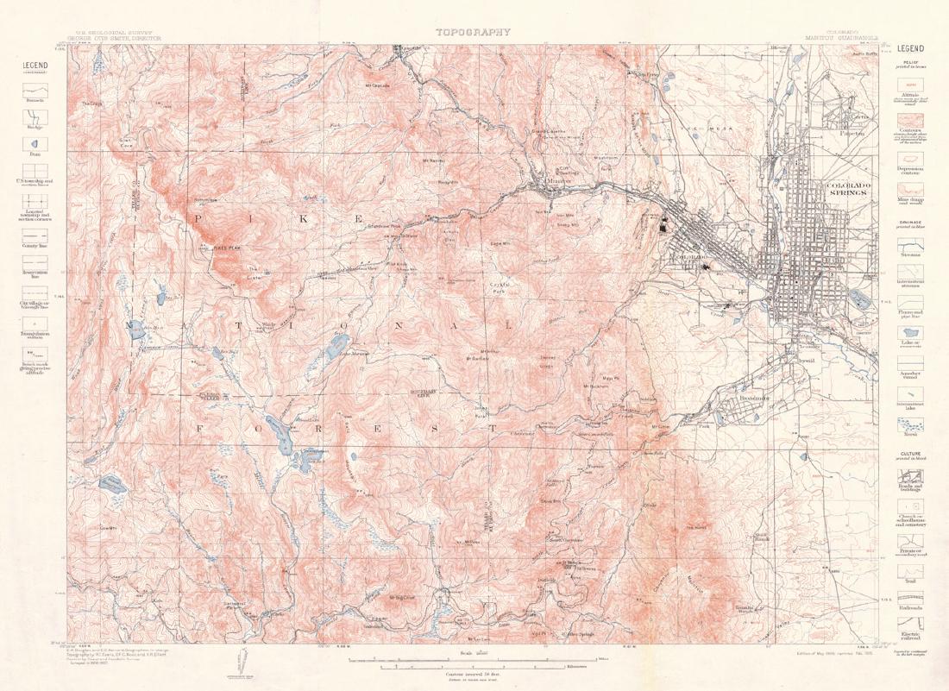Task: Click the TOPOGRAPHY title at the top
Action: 473,32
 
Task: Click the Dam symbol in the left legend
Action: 35,144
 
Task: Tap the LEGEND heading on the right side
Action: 911,48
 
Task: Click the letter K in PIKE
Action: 305,219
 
